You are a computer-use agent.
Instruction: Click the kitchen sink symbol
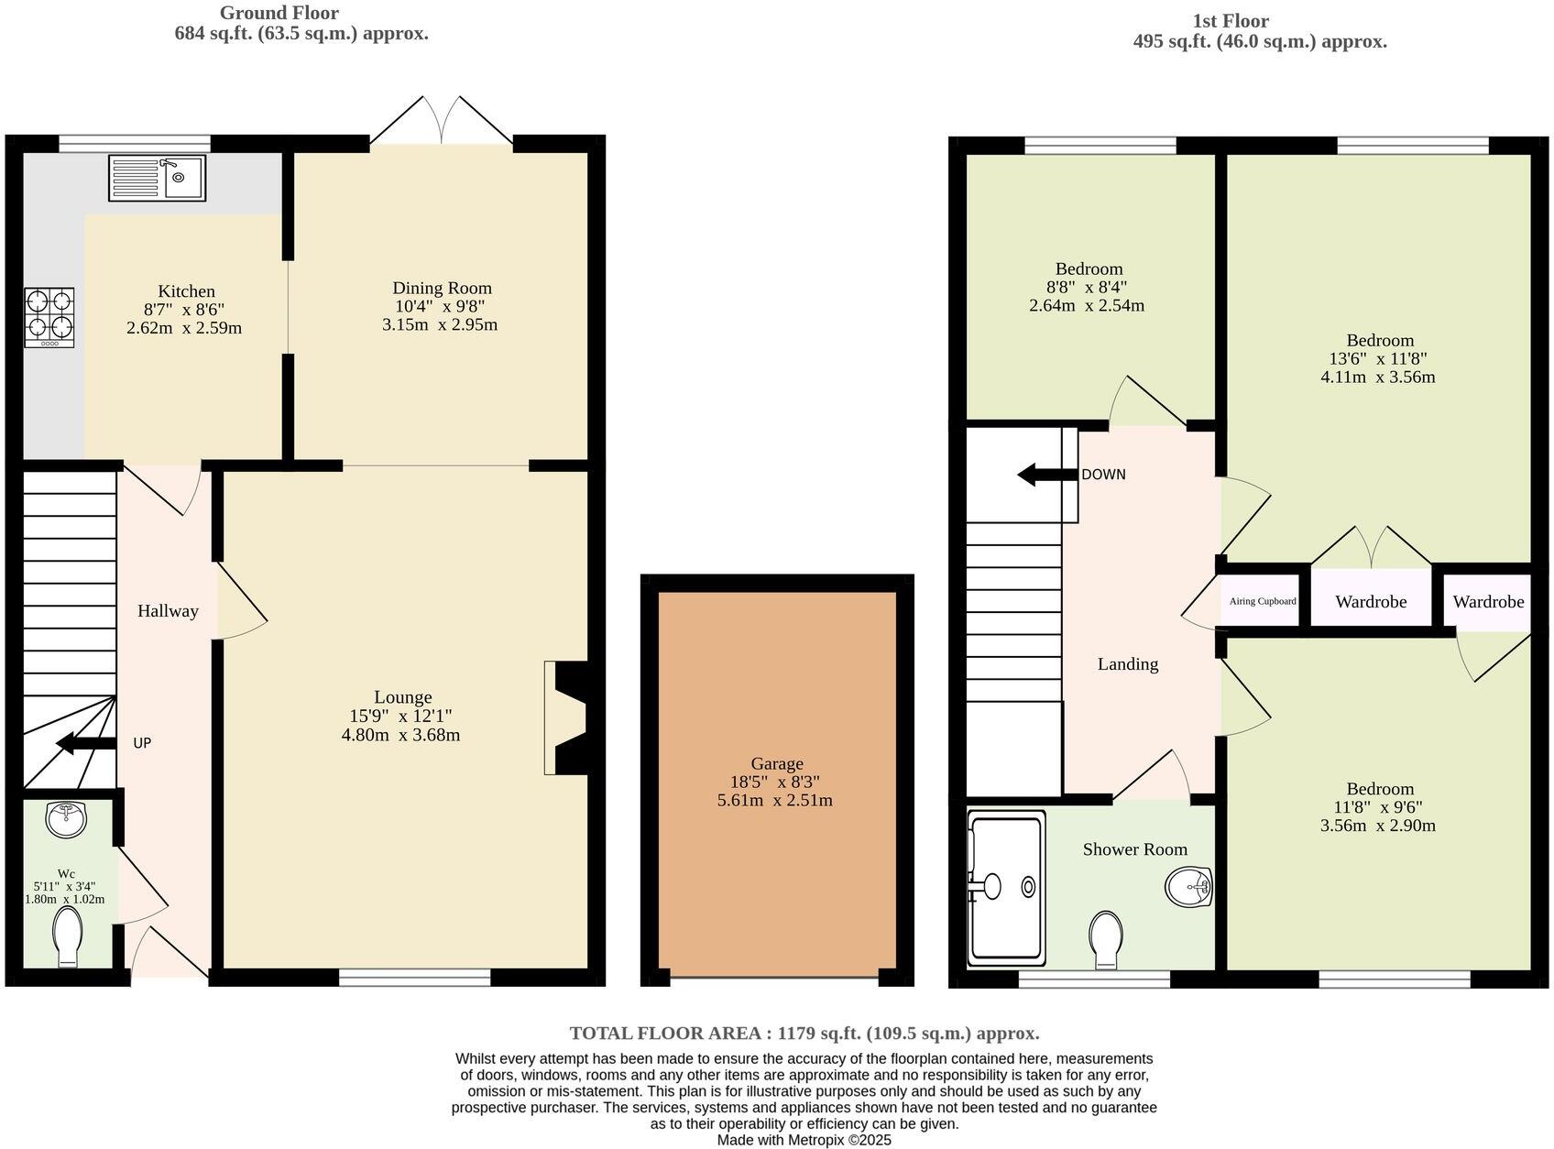[158, 178]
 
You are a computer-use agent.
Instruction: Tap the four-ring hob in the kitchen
[49, 317]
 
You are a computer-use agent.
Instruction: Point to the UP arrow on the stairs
[86, 743]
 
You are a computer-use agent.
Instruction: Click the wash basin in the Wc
[66, 818]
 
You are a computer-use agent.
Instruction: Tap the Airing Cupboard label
[1263, 601]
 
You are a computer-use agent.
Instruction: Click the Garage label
[776, 763]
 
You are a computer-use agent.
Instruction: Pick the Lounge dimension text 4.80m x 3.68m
[400, 735]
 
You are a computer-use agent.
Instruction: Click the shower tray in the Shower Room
[1005, 886]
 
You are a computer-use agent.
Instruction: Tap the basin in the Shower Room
[1189, 887]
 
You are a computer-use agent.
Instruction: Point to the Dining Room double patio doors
[442, 121]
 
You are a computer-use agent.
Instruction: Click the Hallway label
[168, 611]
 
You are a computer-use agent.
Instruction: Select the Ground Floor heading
[279, 13]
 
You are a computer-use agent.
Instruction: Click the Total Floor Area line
[804, 1034]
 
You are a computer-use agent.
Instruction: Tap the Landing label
[1127, 664]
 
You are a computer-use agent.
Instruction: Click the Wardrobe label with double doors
[1370, 602]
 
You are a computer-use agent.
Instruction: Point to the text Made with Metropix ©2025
[804, 1141]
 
